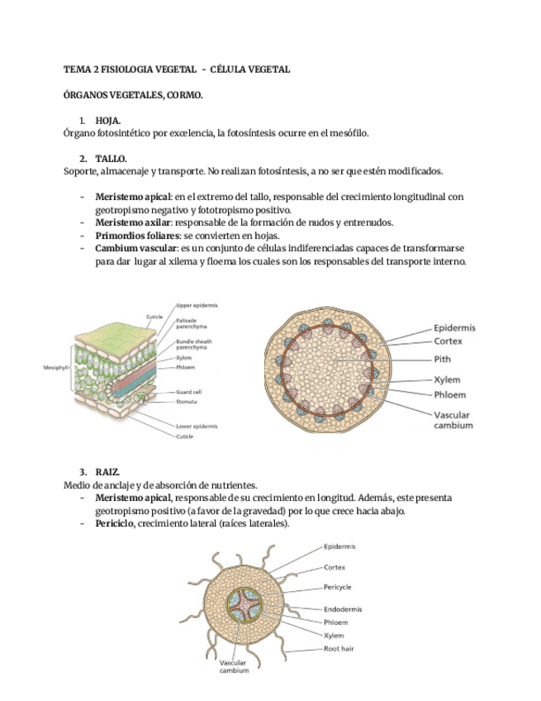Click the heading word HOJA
tap(108, 121)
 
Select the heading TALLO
tap(111, 159)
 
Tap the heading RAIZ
tap(107, 472)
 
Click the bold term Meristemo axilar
tap(133, 222)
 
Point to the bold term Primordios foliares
tap(135, 236)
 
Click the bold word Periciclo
tap(115, 524)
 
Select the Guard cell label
tap(189, 392)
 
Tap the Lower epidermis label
tap(197, 426)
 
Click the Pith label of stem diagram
tap(442, 360)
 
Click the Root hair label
tap(340, 648)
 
